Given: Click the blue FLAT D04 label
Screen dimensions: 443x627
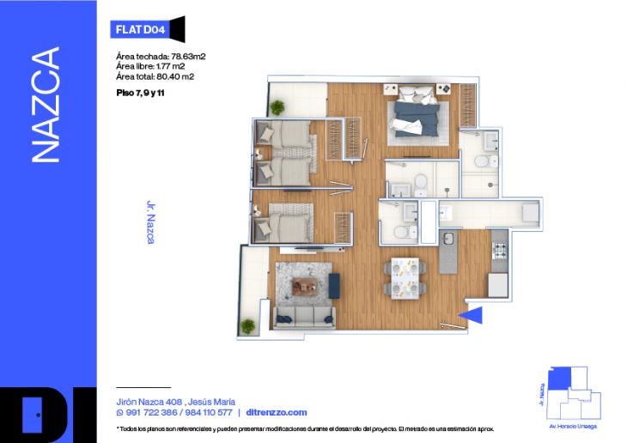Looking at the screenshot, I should point(140,29).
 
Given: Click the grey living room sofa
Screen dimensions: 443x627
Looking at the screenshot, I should point(305,318).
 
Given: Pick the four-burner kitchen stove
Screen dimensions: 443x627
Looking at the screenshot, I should point(501,251).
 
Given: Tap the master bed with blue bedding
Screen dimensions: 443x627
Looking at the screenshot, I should point(417,119).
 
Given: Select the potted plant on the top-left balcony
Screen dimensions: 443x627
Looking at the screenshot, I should point(277,107).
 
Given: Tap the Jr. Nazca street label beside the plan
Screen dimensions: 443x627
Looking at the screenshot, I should point(150,223).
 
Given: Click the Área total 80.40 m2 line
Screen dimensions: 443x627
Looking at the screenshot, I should point(155,76).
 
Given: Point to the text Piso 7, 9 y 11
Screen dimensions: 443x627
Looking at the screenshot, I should point(140,91).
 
